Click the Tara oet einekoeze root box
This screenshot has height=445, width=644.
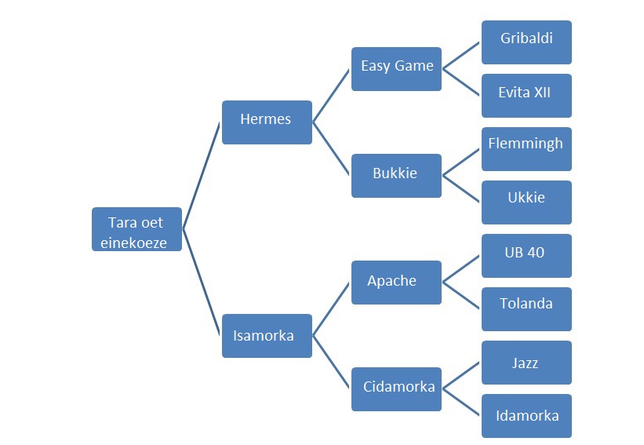click(137, 229)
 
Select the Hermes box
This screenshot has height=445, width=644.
click(267, 122)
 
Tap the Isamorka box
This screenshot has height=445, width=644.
click(267, 336)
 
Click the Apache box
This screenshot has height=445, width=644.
click(396, 283)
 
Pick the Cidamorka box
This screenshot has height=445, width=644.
click(396, 389)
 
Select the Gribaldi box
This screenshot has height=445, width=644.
click(526, 42)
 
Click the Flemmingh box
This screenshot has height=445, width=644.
click(526, 149)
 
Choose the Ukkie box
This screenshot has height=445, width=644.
click(526, 202)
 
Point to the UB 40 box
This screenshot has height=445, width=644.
click(526, 256)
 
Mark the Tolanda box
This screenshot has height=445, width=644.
click(526, 309)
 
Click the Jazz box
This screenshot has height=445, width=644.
click(526, 363)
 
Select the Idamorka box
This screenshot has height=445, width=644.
click(526, 416)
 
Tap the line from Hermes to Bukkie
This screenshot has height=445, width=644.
click(332, 149)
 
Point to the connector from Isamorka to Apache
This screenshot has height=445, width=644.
click(332, 309)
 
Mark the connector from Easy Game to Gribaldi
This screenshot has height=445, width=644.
click(461, 56)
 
